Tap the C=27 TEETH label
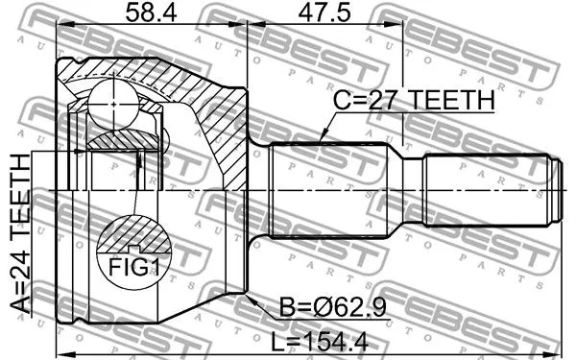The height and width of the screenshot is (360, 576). coord(413,100)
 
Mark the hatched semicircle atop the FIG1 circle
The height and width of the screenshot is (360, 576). coord(133,232)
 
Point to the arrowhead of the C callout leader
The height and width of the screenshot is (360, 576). coord(319,142)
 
